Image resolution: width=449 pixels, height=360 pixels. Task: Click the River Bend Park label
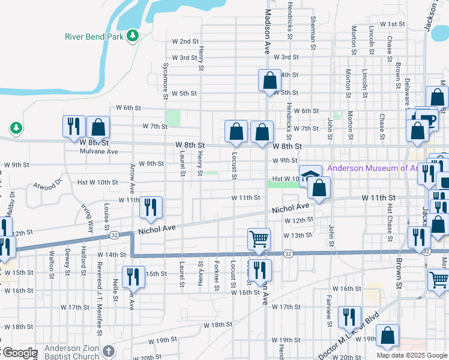coord(94,36)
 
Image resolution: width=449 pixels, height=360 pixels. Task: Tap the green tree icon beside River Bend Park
coord(133,36)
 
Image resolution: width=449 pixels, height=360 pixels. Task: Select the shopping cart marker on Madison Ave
coord(259,239)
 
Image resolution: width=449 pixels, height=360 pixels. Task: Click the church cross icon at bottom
coord(108,351)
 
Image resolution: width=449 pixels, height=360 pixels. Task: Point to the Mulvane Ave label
coord(99,152)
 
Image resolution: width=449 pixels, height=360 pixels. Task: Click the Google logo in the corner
coord(19,353)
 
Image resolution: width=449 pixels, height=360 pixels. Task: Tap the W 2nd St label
coord(185,41)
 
